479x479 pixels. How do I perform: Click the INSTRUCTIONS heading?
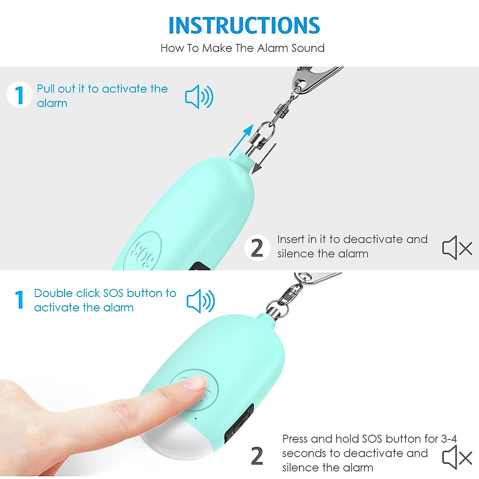[x=244, y=26]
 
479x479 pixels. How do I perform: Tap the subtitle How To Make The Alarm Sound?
[x=242, y=48]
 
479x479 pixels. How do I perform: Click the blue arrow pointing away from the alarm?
[x=242, y=139]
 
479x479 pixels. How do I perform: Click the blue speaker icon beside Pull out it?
[x=199, y=97]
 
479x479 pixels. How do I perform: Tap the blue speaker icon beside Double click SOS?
[x=201, y=301]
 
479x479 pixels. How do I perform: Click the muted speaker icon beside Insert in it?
[x=457, y=248]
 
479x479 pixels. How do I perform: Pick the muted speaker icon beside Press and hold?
[x=457, y=457]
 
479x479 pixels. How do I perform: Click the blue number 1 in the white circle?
[x=19, y=95]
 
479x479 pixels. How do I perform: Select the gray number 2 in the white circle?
[x=257, y=248]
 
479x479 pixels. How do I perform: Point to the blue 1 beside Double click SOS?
[x=19, y=300]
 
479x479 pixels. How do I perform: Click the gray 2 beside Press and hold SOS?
[x=257, y=456]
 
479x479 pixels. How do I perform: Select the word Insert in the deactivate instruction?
[x=291, y=239]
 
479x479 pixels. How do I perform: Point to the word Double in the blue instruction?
[x=53, y=293]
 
